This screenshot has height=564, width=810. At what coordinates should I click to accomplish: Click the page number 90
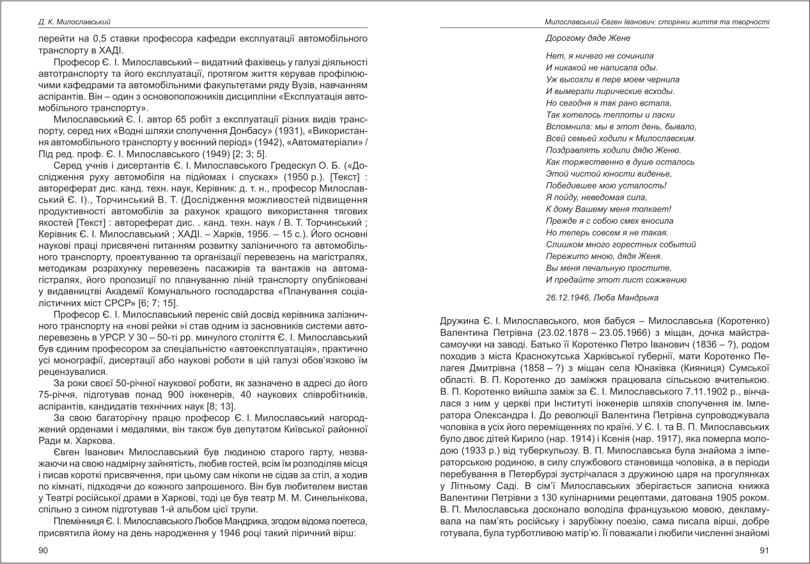(x=44, y=551)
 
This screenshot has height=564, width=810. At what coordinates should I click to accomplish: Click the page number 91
(x=764, y=551)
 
